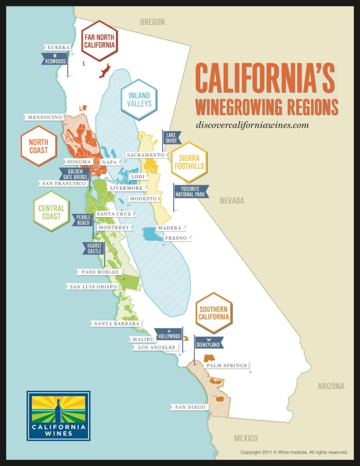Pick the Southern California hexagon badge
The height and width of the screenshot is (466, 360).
click(214, 312)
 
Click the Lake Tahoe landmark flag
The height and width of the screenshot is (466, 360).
click(172, 138)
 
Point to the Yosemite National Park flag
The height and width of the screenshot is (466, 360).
click(191, 191)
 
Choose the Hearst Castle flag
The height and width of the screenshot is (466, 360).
click(93, 248)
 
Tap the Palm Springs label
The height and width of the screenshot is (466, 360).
click(227, 365)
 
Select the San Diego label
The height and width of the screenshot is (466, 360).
click(190, 407)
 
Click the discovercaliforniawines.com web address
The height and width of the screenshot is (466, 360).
click(252, 125)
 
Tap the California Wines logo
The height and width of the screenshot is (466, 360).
click(59, 416)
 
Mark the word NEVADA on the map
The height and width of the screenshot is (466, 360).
click(232, 201)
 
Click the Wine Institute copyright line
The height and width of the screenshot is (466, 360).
click(294, 452)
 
